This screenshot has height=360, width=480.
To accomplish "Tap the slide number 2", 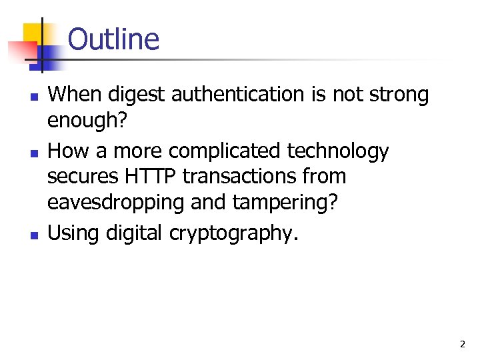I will (x=462, y=345).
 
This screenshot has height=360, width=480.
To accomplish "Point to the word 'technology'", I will (x=338, y=151).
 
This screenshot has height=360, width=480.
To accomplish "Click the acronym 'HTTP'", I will (x=157, y=177).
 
